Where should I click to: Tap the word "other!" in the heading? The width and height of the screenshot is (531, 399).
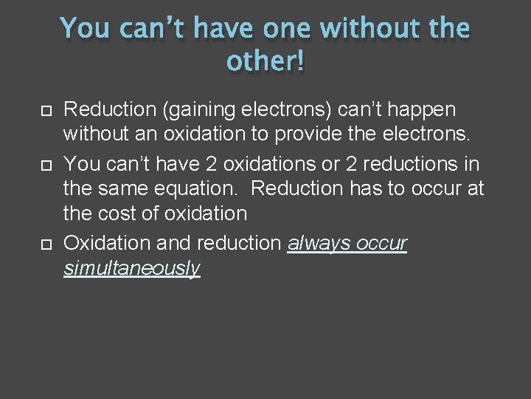pyautogui.click(x=265, y=62)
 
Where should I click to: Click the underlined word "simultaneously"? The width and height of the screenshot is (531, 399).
pyautogui.click(x=132, y=268)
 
